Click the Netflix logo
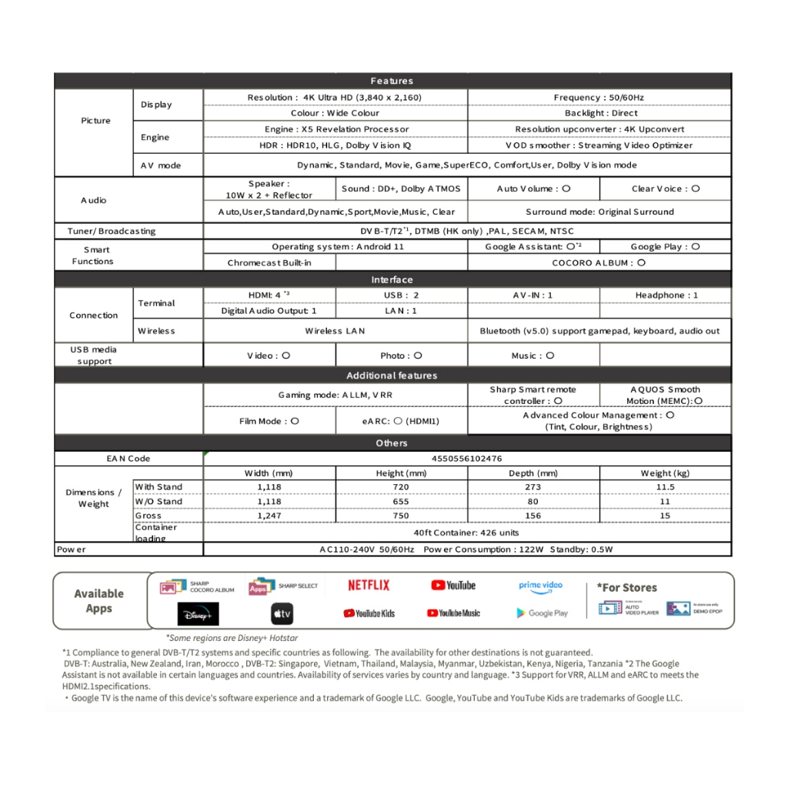(369, 586)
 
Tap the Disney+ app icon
(198, 613)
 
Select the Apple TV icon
(282, 613)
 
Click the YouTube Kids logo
(369, 613)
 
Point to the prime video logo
(540, 586)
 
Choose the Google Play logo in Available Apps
(542, 613)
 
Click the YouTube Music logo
(453, 613)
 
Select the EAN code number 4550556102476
(467, 459)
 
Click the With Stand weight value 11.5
(665, 487)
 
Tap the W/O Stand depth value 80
(533, 502)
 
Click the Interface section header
(392, 280)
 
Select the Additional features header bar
(392, 376)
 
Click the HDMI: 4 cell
(269, 295)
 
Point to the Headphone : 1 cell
(666, 295)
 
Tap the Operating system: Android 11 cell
(336, 247)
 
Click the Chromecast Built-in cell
(269, 262)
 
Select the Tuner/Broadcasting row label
(105, 231)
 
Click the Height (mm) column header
(401, 473)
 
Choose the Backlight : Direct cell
(599, 113)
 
